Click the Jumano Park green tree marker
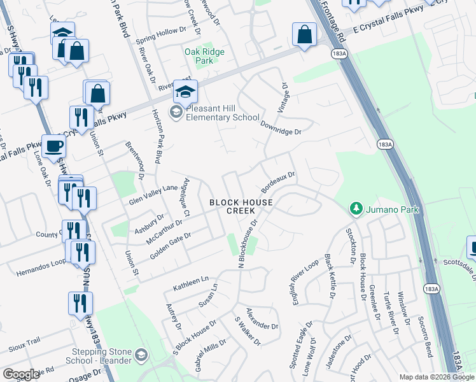pyautogui.click(x=356, y=208)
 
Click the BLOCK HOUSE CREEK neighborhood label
pyautogui.click(x=241, y=206)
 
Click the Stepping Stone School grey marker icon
pyautogui.click(x=141, y=355)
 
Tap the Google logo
pyautogui.click(x=21, y=374)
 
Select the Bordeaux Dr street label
pyautogui.click(x=279, y=181)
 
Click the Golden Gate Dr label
pyautogui.click(x=171, y=246)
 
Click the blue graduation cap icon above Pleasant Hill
pyautogui.click(x=185, y=92)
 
